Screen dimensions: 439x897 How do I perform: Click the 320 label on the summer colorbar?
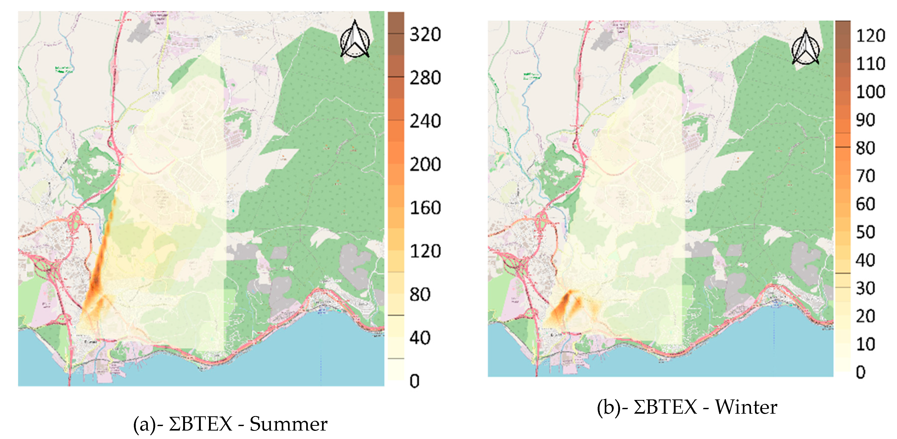point(425,35)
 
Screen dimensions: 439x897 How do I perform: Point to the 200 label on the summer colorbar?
point(425,164)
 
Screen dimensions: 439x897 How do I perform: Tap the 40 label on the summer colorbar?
point(420,337)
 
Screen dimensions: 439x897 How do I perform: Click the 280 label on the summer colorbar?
point(425,78)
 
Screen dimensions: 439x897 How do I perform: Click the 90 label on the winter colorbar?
point(865,120)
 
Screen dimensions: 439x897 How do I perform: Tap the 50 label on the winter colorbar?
point(865,232)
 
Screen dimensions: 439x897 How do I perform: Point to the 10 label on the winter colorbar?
point(865,344)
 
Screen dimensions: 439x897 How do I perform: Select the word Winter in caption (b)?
point(746,407)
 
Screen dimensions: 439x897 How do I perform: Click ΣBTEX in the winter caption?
point(665,407)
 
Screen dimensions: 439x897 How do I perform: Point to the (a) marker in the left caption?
point(144,424)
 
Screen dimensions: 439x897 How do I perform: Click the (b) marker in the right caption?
point(609,407)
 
